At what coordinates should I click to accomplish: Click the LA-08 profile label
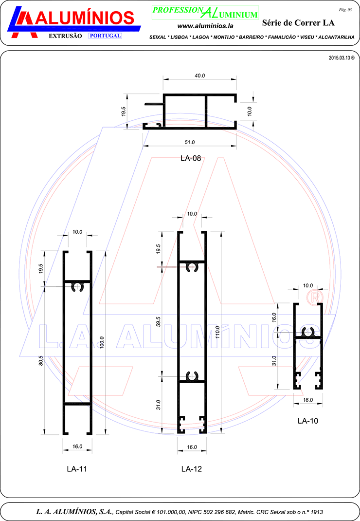point(191,159)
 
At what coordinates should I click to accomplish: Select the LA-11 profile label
point(77,469)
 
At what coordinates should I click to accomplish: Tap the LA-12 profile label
point(192,469)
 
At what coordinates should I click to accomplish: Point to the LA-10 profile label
point(308,421)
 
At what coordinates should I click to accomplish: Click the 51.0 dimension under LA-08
point(190,142)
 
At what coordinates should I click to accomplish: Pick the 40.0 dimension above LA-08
point(200,76)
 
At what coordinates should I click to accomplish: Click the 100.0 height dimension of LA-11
point(102,342)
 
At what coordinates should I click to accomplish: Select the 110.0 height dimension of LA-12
point(217,332)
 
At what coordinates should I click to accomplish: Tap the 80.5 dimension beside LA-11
point(41,360)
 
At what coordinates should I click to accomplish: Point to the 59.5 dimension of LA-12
point(158,322)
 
